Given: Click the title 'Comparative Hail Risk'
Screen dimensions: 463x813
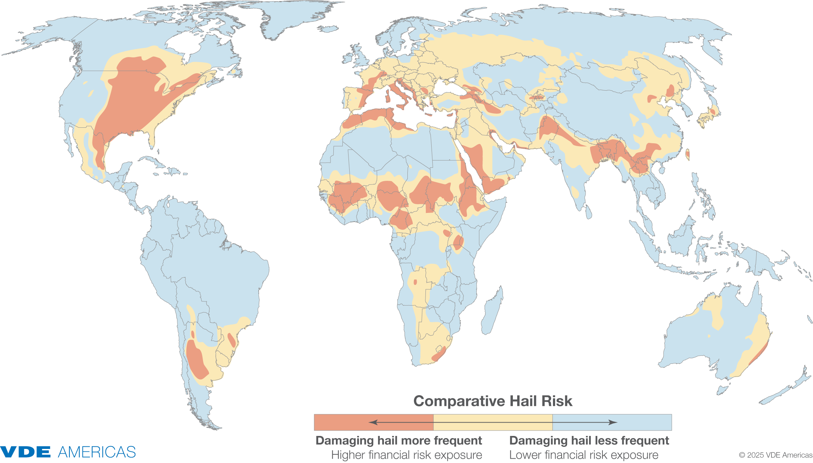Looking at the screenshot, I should click(493, 401).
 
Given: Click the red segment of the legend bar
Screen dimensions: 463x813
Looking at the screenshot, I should click(373, 422).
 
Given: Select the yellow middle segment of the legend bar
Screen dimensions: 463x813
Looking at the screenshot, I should click(493, 422).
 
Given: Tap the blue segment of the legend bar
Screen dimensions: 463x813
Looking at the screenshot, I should click(612, 422).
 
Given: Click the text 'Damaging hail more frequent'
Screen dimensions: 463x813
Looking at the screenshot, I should click(398, 441).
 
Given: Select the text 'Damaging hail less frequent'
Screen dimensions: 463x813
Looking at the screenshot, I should click(589, 441).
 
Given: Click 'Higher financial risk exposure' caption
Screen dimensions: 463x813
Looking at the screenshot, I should click(406, 455).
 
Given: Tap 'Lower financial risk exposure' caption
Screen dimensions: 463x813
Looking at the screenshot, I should click(584, 455).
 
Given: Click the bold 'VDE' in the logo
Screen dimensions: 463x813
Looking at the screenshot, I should click(25, 452).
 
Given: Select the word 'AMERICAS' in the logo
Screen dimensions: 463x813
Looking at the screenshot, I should click(97, 452).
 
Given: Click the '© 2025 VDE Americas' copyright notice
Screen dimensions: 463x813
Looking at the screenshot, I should click(775, 455).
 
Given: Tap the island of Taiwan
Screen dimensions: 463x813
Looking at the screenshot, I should click(687, 154).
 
